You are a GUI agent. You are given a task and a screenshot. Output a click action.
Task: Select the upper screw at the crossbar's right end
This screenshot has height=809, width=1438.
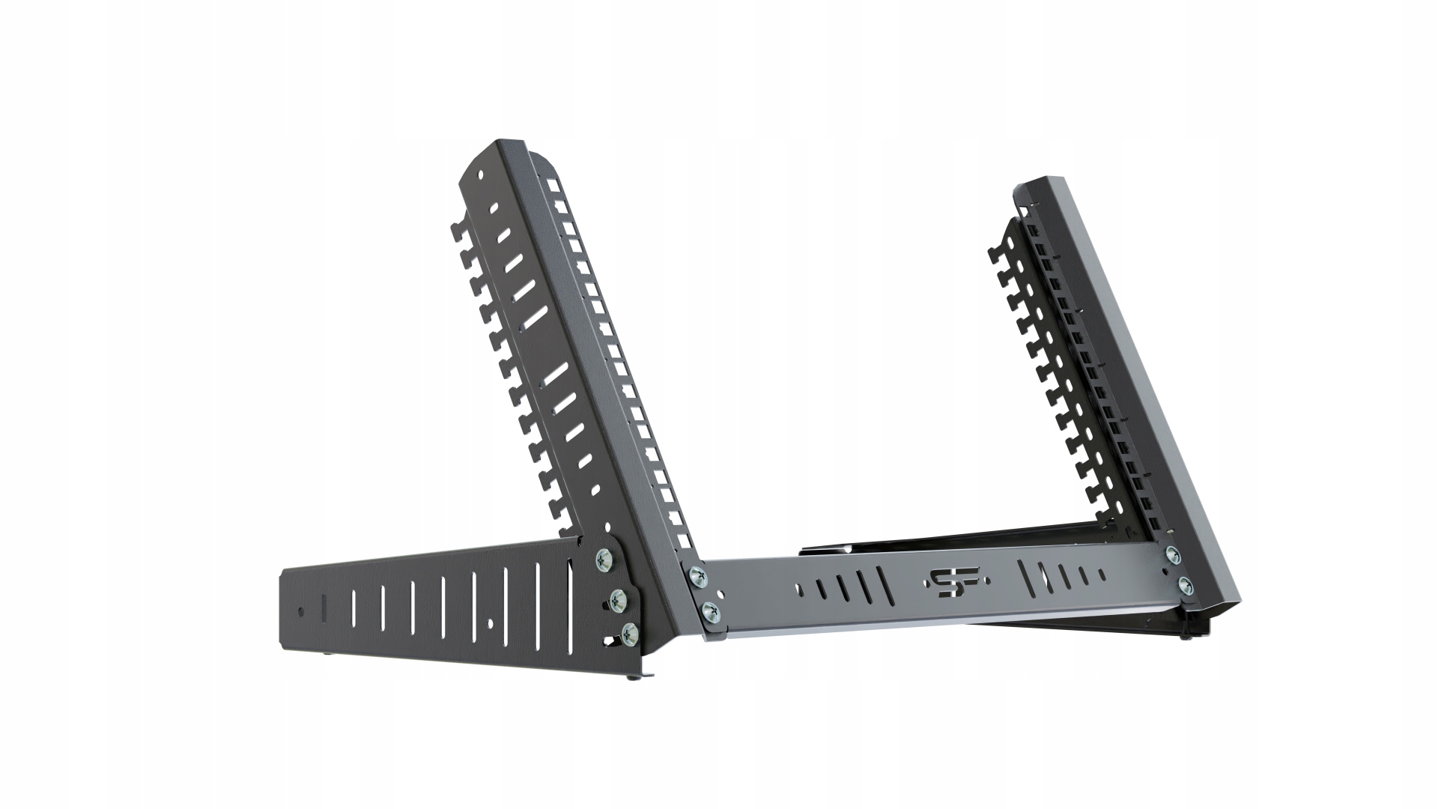pyautogui.click(x=1172, y=554)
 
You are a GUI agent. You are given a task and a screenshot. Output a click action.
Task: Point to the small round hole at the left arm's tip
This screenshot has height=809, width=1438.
pyautogui.click(x=301, y=610)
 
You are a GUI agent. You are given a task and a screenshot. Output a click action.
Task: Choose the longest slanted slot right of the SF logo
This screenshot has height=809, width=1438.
pyautogui.click(x=1026, y=578)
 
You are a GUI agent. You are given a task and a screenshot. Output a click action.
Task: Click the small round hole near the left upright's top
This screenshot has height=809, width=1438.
pyautogui.click(x=482, y=178)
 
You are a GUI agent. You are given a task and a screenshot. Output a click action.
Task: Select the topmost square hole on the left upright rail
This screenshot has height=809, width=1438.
pyautogui.click(x=552, y=184)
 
